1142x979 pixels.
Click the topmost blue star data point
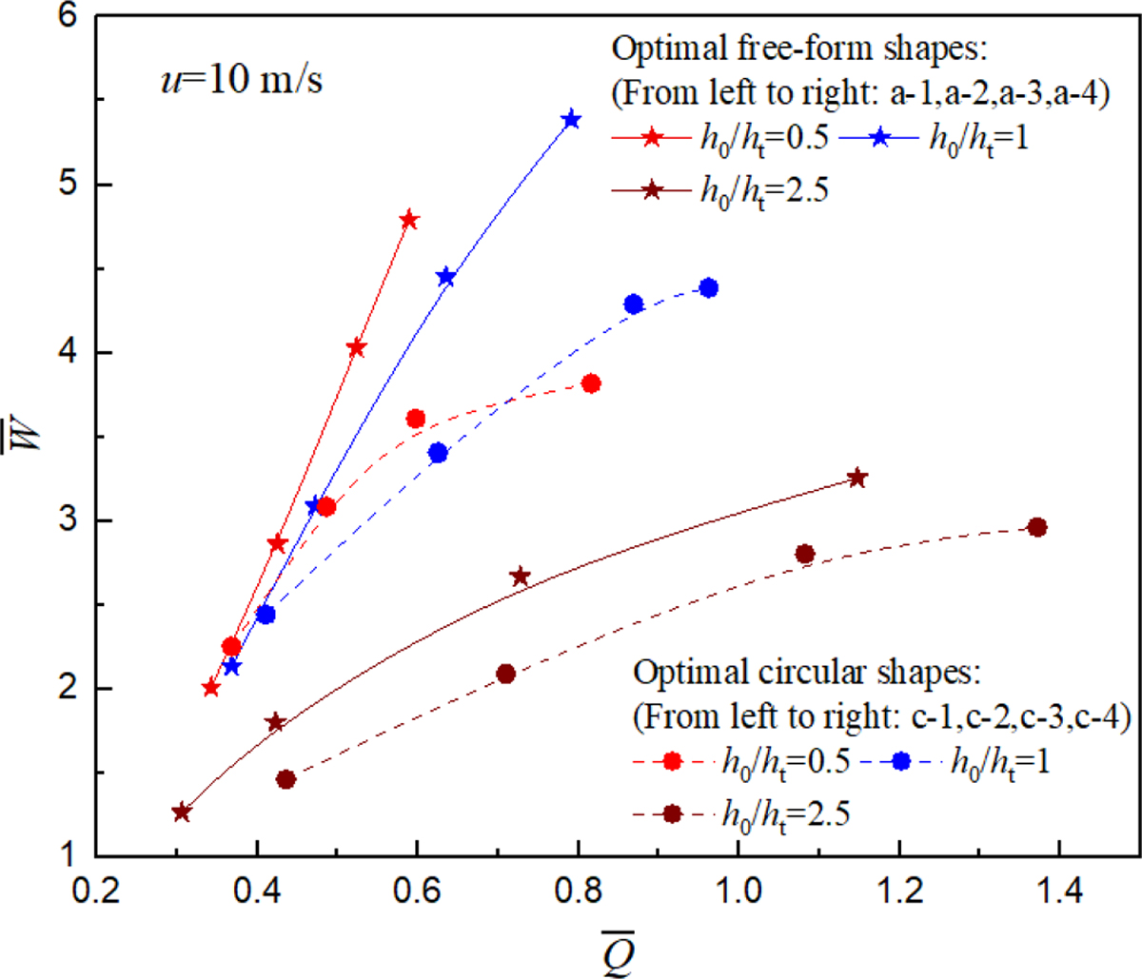571,120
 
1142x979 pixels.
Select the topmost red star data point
409,221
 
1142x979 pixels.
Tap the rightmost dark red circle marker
1037,527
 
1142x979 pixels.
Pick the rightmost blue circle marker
708,288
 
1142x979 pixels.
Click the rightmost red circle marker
591,383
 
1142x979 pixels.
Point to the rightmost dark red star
857,478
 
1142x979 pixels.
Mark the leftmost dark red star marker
182,813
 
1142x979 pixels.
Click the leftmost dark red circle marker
285,779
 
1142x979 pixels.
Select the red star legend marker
652,138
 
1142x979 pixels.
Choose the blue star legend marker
880,138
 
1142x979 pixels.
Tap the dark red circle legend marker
673,813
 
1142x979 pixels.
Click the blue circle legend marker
901,761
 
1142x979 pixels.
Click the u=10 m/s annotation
241,80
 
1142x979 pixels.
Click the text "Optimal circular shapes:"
806,673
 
